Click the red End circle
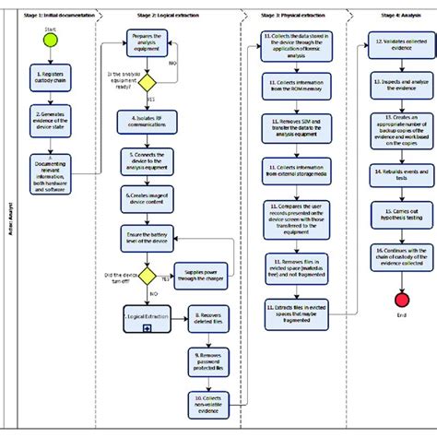click(x=402, y=300)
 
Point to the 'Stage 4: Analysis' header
click(x=396, y=16)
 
